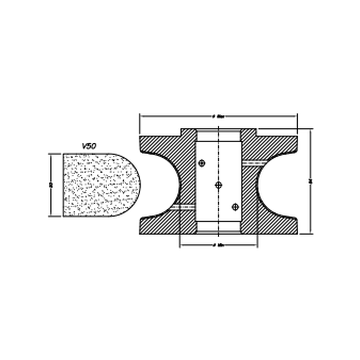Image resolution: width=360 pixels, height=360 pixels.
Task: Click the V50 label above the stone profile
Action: coord(89,146)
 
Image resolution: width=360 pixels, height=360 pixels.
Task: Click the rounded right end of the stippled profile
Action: coord(134,185)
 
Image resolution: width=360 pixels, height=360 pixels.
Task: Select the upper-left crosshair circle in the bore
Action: coord(201,163)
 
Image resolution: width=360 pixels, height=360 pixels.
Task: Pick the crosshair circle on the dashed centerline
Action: coord(219,185)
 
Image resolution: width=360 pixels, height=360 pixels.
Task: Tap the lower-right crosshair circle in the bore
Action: coord(236,207)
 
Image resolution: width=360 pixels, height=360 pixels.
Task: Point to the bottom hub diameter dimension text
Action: coord(219,245)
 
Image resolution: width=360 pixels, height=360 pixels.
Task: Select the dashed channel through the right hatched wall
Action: coord(254,163)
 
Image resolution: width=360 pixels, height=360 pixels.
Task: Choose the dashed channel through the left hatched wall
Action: coord(183,207)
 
